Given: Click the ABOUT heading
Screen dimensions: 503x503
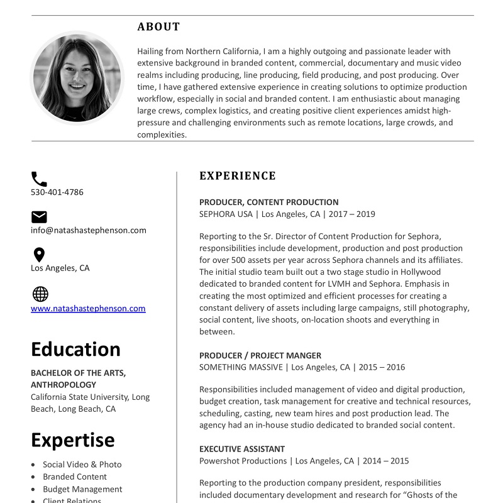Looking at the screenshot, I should tap(158, 27).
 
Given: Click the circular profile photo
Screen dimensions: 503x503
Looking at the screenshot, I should tap(77, 78).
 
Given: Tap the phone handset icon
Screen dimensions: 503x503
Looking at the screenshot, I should tap(39, 179).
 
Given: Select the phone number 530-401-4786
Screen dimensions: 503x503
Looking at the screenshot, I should tap(57, 192).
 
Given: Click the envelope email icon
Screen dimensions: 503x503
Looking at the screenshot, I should tap(39, 217).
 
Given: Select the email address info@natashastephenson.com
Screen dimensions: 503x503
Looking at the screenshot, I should tap(89, 230).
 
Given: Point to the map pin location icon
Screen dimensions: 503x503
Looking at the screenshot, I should tap(39, 255).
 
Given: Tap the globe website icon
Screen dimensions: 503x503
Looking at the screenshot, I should tap(40, 294).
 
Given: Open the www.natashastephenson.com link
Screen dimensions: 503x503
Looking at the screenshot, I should tap(88, 309).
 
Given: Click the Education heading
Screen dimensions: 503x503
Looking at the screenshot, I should tap(75, 350).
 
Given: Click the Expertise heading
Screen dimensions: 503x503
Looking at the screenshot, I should tap(73, 440).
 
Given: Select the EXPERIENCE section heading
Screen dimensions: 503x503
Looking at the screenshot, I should tap(238, 176).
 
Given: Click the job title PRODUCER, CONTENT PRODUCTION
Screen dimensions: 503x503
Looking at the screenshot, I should tap(269, 202).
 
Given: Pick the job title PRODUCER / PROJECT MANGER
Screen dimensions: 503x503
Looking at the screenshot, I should tap(260, 355).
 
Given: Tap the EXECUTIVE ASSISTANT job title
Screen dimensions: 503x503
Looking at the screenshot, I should tap(242, 449).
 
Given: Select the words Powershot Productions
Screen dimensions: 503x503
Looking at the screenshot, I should tap(243, 461).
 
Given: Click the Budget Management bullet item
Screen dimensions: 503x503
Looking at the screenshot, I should tap(82, 489).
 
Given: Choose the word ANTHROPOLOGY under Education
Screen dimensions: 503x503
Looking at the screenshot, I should tap(64, 385).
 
